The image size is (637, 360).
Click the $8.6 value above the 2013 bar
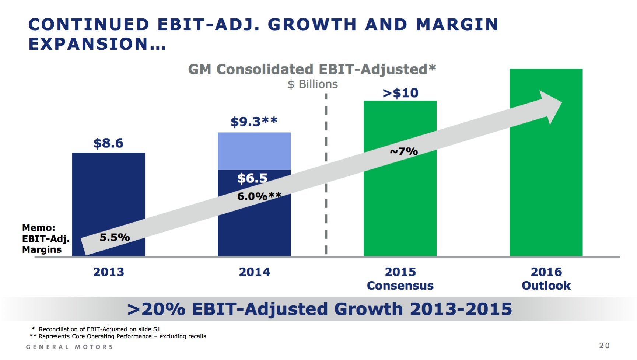108,143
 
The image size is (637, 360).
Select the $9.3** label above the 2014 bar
254,121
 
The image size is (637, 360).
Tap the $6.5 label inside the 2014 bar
252,178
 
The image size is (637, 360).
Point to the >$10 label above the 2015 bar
400,93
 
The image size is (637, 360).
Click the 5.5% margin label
115,237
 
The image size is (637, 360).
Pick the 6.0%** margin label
259,196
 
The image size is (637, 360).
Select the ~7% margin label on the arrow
404,151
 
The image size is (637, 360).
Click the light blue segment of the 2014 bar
254,151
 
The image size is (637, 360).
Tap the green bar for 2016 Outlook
546,162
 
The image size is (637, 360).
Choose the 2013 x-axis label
108,272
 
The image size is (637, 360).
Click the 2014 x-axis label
254,272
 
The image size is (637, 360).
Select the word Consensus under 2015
400,286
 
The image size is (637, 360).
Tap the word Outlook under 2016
546,286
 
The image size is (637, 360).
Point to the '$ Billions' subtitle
312,84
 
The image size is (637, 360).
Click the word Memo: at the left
38,228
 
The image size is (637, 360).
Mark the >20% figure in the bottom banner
157,309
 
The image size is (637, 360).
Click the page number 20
604,346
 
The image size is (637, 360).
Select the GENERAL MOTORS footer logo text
69,347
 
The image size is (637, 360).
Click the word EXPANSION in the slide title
88,44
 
